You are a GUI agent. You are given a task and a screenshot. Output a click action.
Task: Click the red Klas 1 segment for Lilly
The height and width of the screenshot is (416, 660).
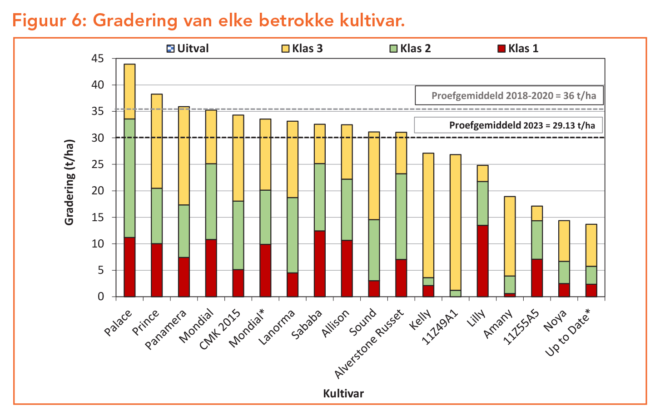coord(482,261)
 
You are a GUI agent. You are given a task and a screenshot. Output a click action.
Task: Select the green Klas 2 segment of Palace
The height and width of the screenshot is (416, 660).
coord(129,178)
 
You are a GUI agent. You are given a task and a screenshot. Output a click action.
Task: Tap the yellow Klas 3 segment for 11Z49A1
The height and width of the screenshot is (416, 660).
coord(456,222)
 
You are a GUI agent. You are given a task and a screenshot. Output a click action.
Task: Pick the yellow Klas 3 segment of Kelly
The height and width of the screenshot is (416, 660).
coord(428,215)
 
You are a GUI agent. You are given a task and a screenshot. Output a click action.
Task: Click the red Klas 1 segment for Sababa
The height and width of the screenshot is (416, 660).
coord(320,263)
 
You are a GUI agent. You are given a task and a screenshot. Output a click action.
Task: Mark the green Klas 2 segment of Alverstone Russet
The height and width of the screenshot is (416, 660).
coord(401,216)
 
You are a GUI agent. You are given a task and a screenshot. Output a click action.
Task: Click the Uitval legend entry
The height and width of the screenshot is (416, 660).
coord(188,49)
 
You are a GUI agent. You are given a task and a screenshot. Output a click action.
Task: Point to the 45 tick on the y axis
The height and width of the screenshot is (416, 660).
coord(97,59)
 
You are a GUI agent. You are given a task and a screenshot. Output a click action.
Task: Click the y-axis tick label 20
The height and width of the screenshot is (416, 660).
coord(97,191)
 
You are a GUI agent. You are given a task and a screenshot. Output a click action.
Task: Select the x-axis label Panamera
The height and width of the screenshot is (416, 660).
coord(166,329)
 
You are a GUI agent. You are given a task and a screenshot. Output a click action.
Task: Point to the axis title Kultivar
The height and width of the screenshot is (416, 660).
coord(343,393)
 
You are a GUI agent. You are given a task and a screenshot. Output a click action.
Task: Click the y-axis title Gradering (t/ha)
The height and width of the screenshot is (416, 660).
coord(69,182)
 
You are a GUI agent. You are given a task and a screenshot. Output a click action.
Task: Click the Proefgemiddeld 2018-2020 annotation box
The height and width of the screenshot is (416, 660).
coord(509,96)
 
